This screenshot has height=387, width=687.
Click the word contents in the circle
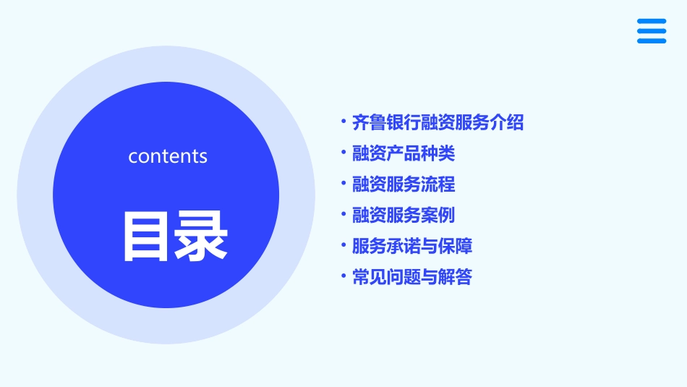click(x=168, y=156)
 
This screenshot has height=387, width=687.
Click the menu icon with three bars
click(x=651, y=31)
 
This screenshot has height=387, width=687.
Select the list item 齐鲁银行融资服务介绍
click(x=438, y=122)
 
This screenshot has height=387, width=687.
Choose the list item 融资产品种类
click(x=404, y=153)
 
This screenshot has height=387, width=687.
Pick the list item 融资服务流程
click(x=404, y=184)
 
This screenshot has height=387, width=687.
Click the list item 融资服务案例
click(x=404, y=215)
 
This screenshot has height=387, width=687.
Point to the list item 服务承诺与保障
click(x=412, y=246)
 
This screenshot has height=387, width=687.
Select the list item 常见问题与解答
click(x=412, y=277)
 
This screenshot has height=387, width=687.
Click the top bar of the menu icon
click(x=651, y=22)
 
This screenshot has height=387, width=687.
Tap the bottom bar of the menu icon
click(x=651, y=41)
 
